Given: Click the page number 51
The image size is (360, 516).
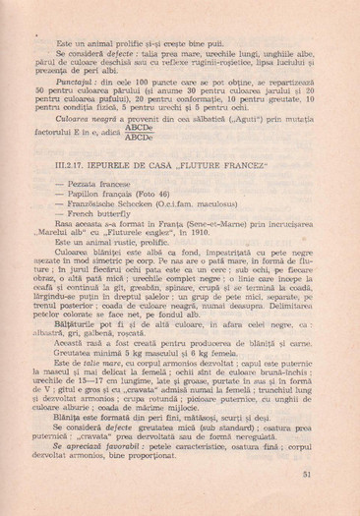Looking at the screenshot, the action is (307, 475).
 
